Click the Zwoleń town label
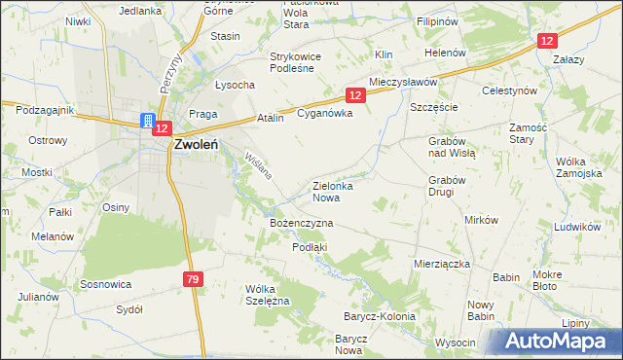(202, 145)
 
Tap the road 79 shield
(192, 280)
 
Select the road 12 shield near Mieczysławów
(354, 94)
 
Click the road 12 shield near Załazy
(548, 40)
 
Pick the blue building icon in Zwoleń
(147, 122)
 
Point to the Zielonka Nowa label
(331, 191)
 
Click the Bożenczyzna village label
(301, 223)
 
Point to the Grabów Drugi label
(449, 185)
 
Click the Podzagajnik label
(45, 110)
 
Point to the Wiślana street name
(258, 168)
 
